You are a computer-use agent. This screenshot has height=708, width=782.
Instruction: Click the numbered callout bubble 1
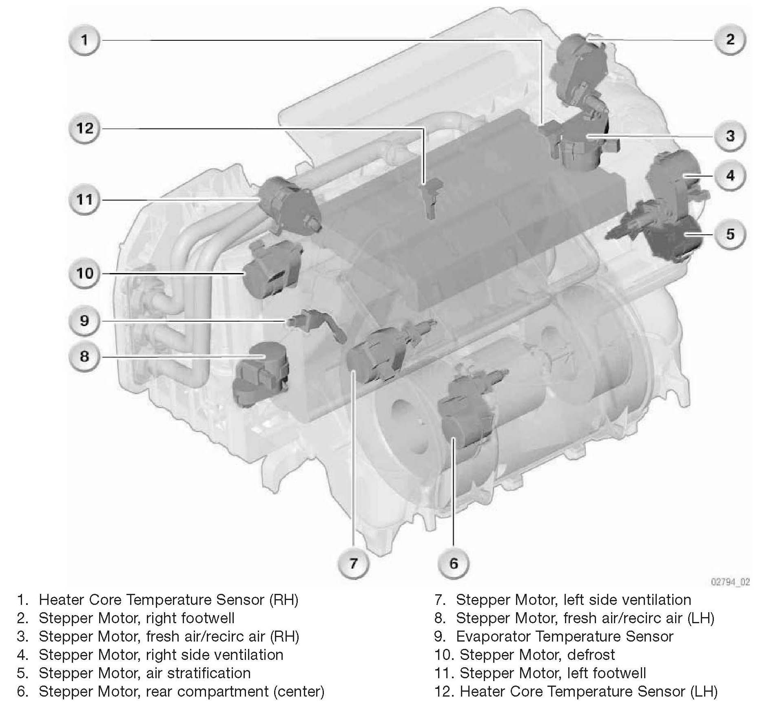[84, 40]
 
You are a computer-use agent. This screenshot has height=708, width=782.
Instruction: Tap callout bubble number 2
[730, 40]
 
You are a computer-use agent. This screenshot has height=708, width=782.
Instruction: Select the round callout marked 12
[84, 129]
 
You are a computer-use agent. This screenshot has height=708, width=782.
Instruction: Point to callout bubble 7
[353, 563]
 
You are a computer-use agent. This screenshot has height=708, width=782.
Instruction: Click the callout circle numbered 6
[454, 563]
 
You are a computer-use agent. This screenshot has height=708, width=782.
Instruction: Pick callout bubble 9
[84, 321]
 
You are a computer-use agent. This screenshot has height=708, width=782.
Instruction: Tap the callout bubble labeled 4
[730, 176]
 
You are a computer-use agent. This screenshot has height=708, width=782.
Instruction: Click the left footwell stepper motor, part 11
[289, 206]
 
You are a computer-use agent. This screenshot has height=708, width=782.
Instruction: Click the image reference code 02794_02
[730, 582]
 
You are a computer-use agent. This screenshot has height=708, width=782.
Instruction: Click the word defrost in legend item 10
[591, 655]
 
